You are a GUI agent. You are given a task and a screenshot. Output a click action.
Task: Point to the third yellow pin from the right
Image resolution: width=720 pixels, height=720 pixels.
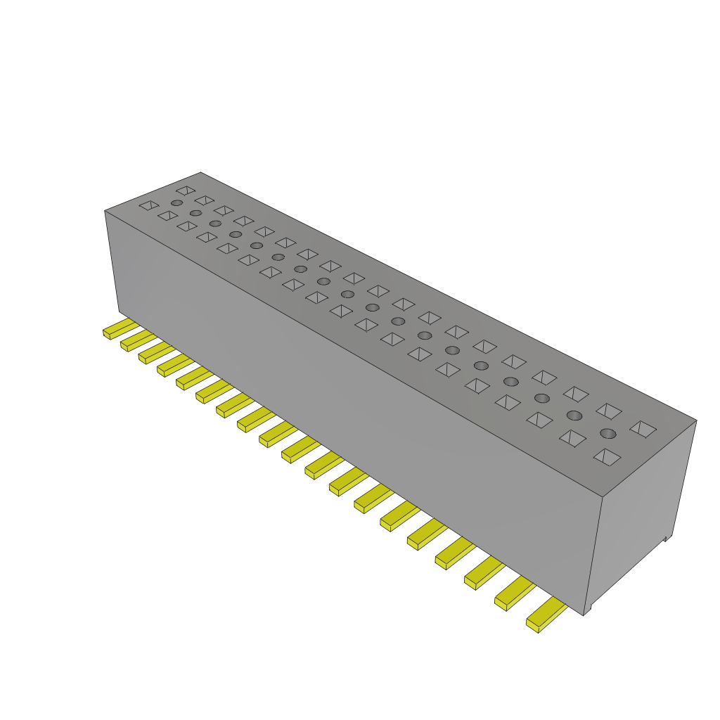[x=483, y=573]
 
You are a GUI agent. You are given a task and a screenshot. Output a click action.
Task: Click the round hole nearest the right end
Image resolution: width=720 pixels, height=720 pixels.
[x=608, y=433]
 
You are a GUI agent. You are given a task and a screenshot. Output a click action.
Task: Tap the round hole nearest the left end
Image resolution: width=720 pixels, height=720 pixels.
[x=176, y=202]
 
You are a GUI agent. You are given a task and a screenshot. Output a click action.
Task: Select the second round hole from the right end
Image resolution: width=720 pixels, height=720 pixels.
[x=574, y=416]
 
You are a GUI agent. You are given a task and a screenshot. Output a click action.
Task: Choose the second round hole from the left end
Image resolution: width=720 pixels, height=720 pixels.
[x=195, y=213]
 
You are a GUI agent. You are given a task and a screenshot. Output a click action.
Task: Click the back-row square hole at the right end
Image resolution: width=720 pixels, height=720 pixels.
[x=643, y=428]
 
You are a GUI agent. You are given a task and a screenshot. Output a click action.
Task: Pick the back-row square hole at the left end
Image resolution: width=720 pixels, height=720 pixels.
[x=186, y=191]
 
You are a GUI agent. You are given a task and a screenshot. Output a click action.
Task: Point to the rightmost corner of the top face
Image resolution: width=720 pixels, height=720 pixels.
[x=696, y=421]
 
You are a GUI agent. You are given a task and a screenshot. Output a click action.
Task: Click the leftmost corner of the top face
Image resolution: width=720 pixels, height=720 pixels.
[x=105, y=210]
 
